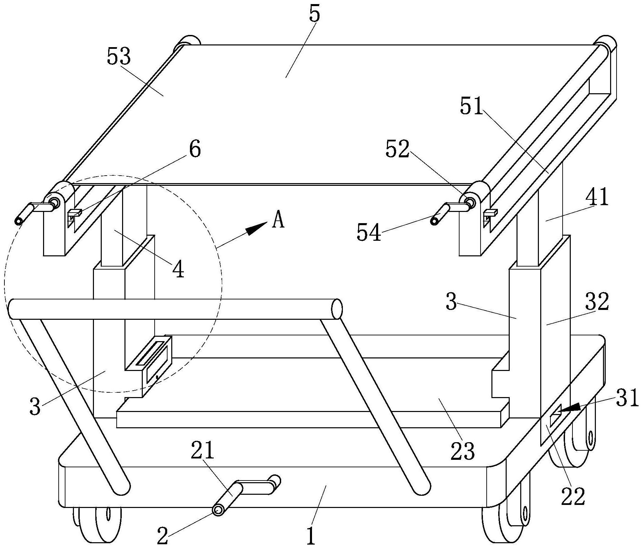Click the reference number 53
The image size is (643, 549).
tap(119, 56)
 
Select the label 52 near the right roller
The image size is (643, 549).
tap(397, 149)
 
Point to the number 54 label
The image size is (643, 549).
tap(369, 233)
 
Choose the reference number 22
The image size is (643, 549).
tap(573, 497)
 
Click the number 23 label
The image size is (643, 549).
tap(463, 451)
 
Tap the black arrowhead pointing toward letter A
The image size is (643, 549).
tap(256, 228)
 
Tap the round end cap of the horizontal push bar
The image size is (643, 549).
tap(337, 309)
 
